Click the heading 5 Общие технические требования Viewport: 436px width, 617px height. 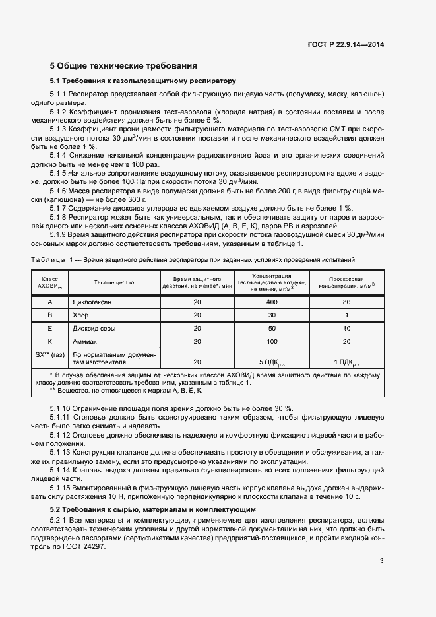point(124,66)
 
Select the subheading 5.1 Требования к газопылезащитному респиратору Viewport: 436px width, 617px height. point(142,81)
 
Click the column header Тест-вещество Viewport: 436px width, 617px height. point(114,282)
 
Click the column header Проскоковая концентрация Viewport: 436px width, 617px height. point(346,282)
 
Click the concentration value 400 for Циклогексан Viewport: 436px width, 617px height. point(271,302)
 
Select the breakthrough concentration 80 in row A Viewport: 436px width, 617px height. point(346,302)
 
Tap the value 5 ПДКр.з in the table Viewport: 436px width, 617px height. point(271,362)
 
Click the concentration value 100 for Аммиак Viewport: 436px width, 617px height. point(271,342)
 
